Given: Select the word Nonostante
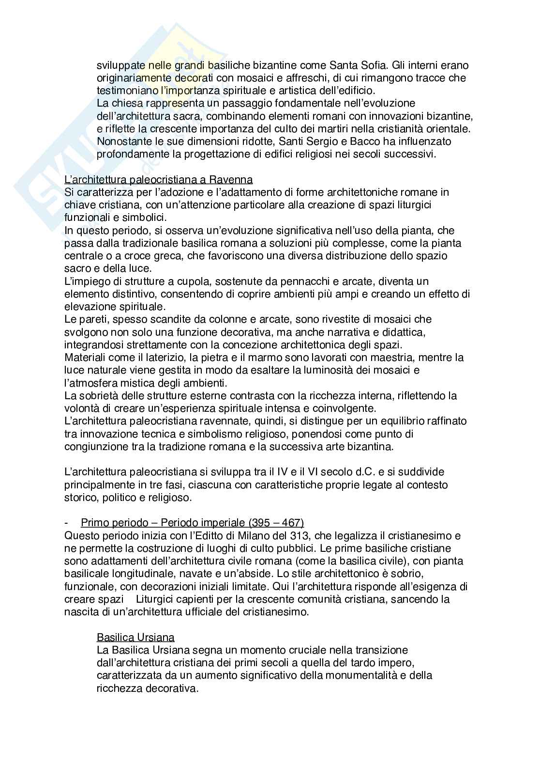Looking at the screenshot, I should tap(123, 141).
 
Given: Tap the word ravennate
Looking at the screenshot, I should tap(226, 421).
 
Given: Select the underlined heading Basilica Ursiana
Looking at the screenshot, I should tap(135, 637).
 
